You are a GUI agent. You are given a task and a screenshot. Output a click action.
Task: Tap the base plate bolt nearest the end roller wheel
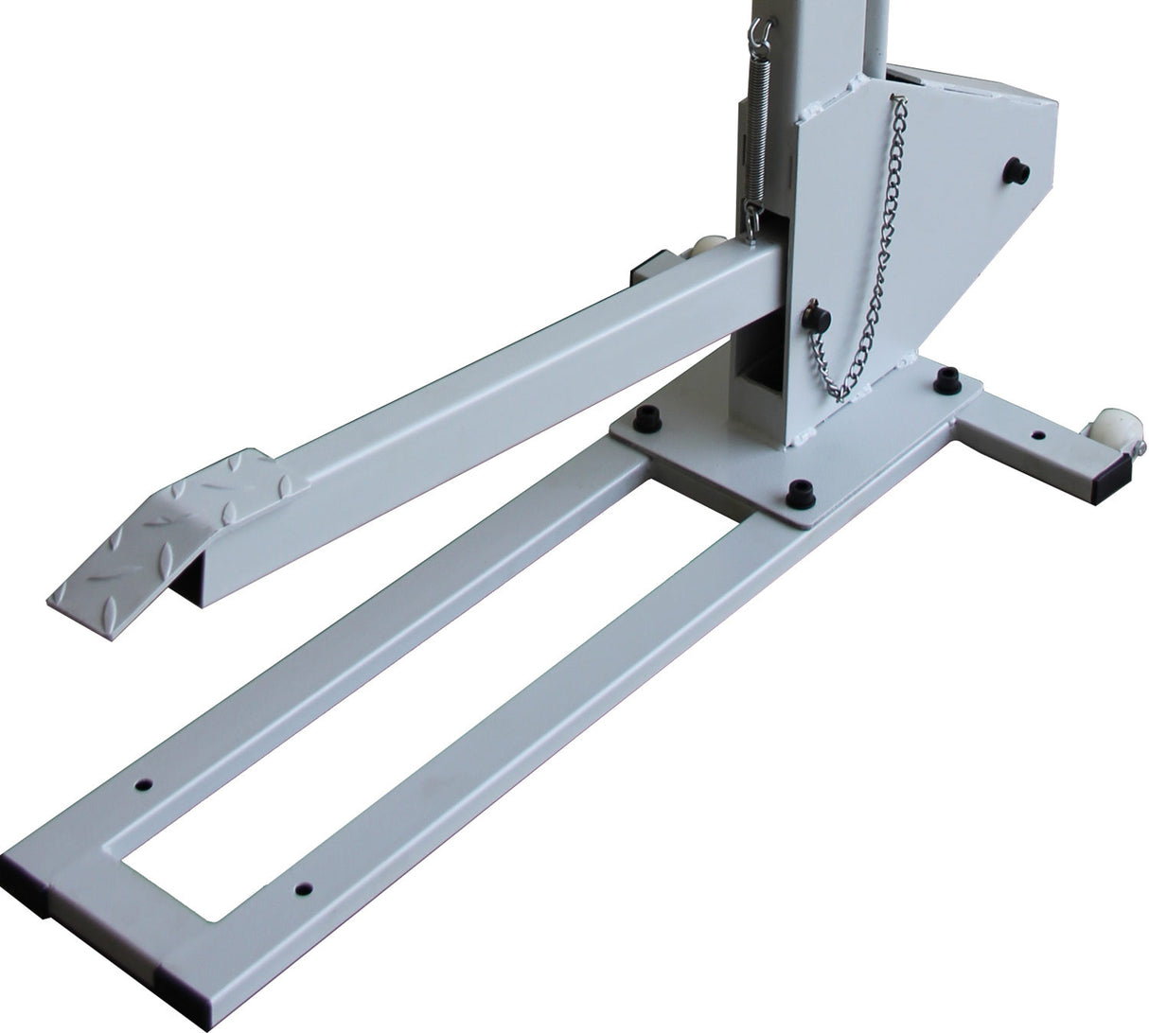(x=946, y=380)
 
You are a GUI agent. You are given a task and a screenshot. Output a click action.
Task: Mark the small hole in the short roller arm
(x=1038, y=436)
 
